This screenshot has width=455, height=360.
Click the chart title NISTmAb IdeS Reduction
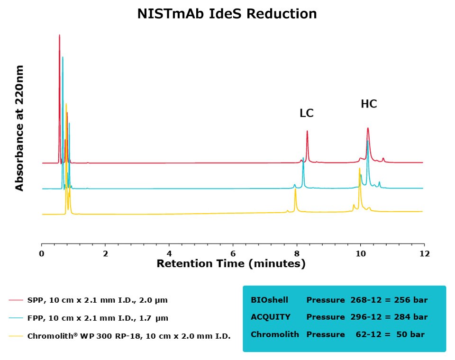[227, 14]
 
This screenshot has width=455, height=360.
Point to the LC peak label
[307, 113]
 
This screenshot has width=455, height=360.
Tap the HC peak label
[369, 104]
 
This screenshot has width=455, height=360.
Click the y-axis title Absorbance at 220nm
[19, 128]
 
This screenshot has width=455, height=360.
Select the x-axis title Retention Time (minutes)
[231, 264]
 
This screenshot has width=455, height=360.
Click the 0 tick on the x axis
[42, 253]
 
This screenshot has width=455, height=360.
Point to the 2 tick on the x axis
[105, 253]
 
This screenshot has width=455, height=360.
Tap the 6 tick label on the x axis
[233, 253]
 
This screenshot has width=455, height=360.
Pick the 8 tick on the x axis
[297, 253]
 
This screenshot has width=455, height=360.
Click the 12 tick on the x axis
[424, 253]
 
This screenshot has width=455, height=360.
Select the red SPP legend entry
[88, 300]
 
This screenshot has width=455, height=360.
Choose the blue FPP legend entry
[88, 318]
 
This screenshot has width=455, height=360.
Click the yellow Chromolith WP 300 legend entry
[119, 336]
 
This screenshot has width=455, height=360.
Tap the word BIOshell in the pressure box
[269, 300]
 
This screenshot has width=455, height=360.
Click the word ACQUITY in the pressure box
[270, 316]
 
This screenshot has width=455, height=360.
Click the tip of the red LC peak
[307, 131]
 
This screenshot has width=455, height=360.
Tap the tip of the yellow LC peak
[295, 189]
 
